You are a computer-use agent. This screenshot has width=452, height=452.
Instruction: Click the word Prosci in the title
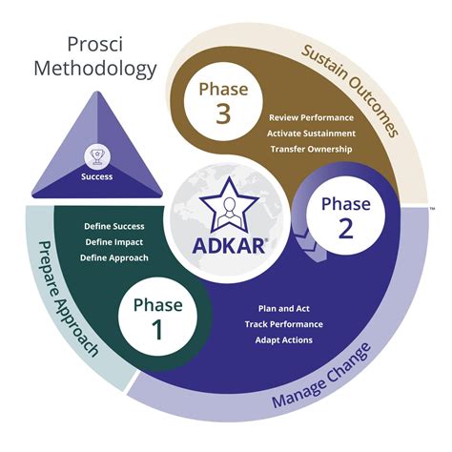[95, 45]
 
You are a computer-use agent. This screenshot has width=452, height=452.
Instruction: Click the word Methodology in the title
[95, 69]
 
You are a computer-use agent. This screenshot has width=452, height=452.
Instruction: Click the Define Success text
[113, 226]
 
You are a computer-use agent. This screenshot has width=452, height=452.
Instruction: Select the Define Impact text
[113, 242]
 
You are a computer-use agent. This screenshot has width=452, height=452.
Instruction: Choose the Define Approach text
[113, 257]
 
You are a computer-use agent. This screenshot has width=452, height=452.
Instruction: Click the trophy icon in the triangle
[96, 155]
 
